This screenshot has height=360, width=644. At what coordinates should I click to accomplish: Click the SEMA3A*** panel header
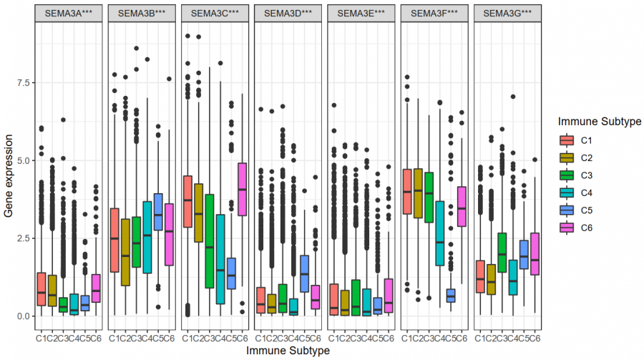point(69,13)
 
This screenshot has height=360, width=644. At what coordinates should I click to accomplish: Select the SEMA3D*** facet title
point(288,13)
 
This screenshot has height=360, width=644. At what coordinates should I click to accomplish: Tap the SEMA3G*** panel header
point(507,13)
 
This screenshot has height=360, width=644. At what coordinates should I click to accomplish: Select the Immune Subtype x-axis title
point(288,351)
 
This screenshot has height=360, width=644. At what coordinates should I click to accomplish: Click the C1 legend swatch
point(567,140)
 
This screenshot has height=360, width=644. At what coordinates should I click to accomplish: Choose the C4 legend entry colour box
point(567,193)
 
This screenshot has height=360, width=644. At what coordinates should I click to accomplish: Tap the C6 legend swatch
point(567,228)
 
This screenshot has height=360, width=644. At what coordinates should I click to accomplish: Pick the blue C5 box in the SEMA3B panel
point(158,211)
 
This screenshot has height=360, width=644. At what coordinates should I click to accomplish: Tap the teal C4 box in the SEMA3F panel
point(439,233)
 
